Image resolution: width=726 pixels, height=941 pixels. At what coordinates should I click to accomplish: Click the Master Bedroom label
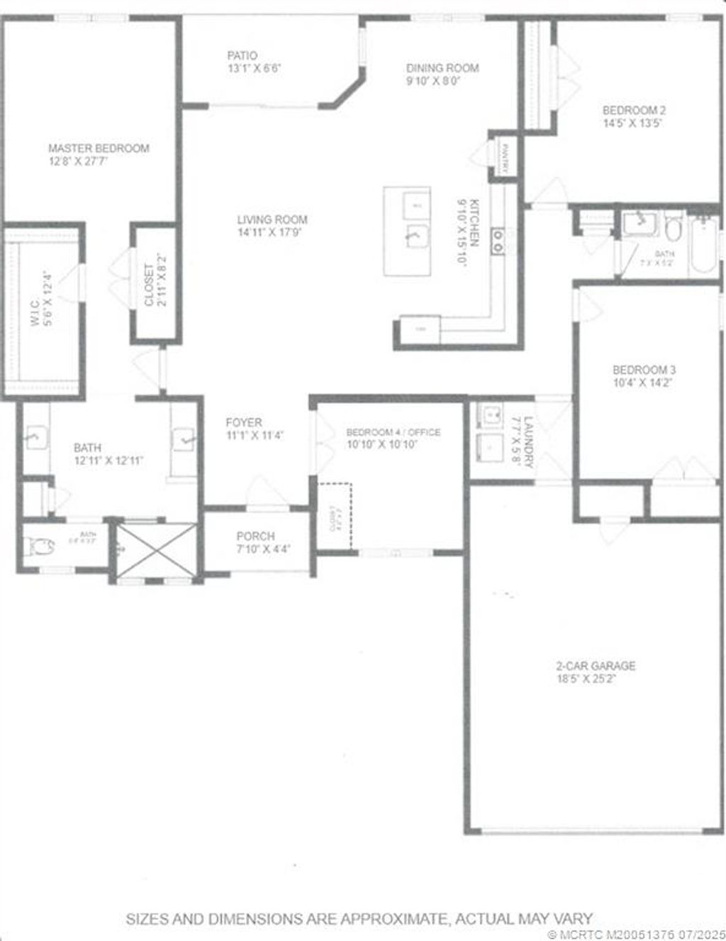(99, 148)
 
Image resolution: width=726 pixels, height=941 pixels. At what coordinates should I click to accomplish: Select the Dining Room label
(442, 68)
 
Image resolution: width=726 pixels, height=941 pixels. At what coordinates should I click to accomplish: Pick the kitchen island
(408, 231)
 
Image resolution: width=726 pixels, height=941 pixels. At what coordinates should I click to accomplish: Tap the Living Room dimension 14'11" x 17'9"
(273, 232)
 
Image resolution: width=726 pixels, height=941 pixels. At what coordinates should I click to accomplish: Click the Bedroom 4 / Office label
(393, 432)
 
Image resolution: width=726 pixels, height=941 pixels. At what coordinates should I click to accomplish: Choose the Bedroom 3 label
(644, 370)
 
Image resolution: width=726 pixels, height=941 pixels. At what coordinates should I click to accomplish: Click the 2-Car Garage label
(595, 666)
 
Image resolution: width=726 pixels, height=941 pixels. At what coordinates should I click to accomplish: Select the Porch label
(255, 536)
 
